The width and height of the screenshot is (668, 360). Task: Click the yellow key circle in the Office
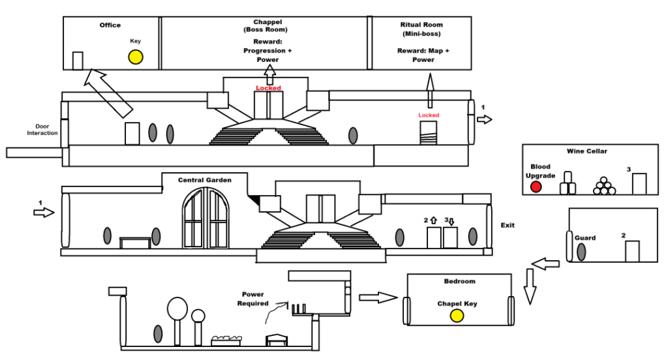point(135,57)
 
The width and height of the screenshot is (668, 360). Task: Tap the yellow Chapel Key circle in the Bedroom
point(457,316)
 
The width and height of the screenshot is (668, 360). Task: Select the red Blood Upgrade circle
point(536,187)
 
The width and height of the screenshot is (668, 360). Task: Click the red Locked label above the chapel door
point(268,88)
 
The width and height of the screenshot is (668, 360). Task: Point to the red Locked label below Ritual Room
point(429,115)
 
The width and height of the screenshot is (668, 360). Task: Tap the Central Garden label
point(205,180)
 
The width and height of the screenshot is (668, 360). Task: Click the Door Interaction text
point(42,130)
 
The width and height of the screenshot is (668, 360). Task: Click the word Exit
point(508,225)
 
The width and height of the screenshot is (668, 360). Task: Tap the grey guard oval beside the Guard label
point(581,252)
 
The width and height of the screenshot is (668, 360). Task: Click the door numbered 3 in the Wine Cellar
point(639,183)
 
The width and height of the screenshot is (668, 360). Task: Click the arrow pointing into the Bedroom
point(378,297)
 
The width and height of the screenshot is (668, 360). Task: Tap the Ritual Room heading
point(421,25)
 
